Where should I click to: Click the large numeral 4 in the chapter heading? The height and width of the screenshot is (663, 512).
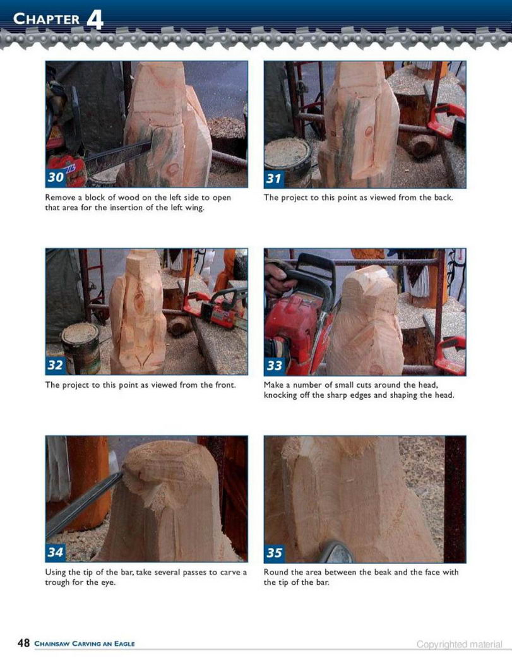tap(95, 20)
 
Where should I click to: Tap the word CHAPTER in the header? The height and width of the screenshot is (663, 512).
tap(47, 19)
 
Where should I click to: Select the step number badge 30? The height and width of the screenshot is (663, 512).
tap(56, 177)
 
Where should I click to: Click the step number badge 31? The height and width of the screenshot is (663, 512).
tap(274, 178)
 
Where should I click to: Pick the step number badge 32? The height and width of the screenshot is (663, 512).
tap(56, 365)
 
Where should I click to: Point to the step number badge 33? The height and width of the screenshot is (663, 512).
tap(274, 365)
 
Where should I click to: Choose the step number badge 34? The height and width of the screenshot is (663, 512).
tap(56, 552)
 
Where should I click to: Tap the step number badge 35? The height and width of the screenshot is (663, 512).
tap(274, 552)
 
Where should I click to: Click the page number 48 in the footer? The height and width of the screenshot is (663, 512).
tap(23, 643)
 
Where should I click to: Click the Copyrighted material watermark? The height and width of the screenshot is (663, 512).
tap(459, 645)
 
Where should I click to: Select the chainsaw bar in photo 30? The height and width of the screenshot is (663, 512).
tap(119, 158)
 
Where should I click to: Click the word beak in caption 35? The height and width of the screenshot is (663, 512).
tap(382, 573)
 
